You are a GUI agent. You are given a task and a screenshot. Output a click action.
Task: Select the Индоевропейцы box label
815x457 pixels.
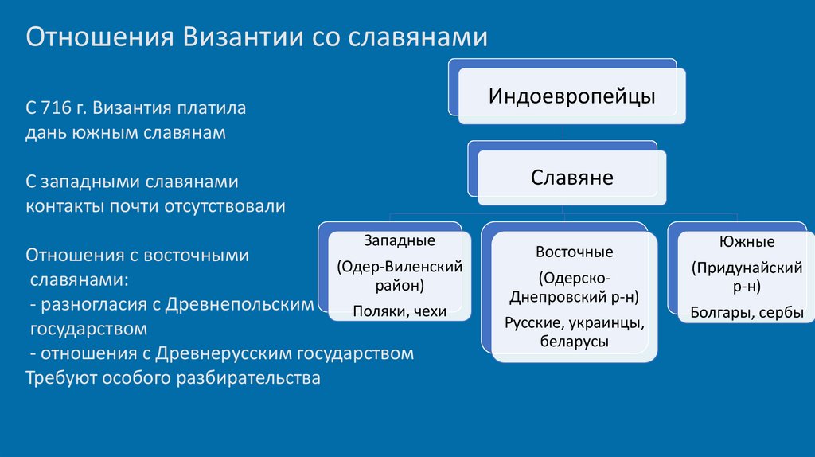[571, 96]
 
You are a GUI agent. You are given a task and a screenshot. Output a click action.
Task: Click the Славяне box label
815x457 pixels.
[571, 177]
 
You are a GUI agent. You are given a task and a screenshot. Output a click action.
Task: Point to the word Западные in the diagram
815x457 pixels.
[400, 240]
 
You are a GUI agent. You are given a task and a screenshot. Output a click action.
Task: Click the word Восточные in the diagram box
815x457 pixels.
[574, 252]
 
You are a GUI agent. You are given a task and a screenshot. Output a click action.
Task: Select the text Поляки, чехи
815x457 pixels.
[400, 311]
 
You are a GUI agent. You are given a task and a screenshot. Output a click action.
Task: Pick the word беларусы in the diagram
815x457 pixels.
[574, 342]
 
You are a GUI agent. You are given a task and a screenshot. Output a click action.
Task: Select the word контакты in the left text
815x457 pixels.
[64, 206]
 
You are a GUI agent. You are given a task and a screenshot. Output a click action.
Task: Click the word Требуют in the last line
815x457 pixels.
[61, 377]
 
